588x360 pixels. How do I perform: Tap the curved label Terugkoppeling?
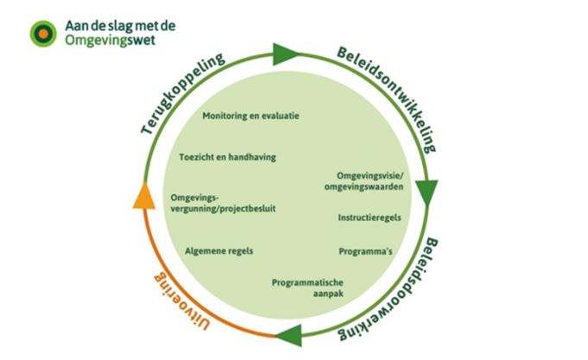pos(184,94)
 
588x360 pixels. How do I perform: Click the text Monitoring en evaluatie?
pos(250,115)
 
